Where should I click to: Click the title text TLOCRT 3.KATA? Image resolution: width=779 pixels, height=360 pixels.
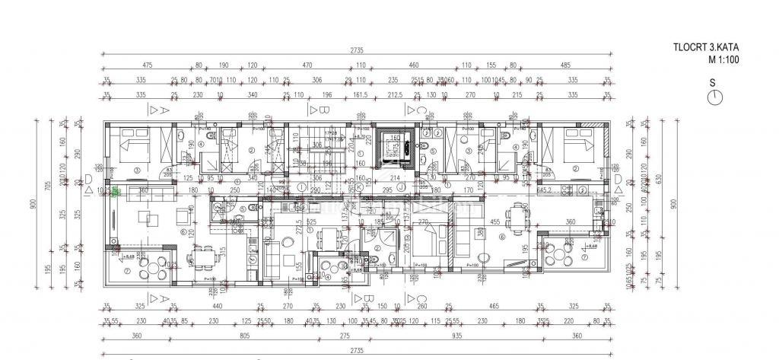point(704,47)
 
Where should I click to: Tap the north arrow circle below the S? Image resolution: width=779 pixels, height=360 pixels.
point(714,97)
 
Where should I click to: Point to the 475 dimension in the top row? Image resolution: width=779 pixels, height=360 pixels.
point(148,66)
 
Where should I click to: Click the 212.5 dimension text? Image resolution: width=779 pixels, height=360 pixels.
point(395,95)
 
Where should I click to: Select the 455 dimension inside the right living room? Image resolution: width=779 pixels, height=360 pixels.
point(494,221)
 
